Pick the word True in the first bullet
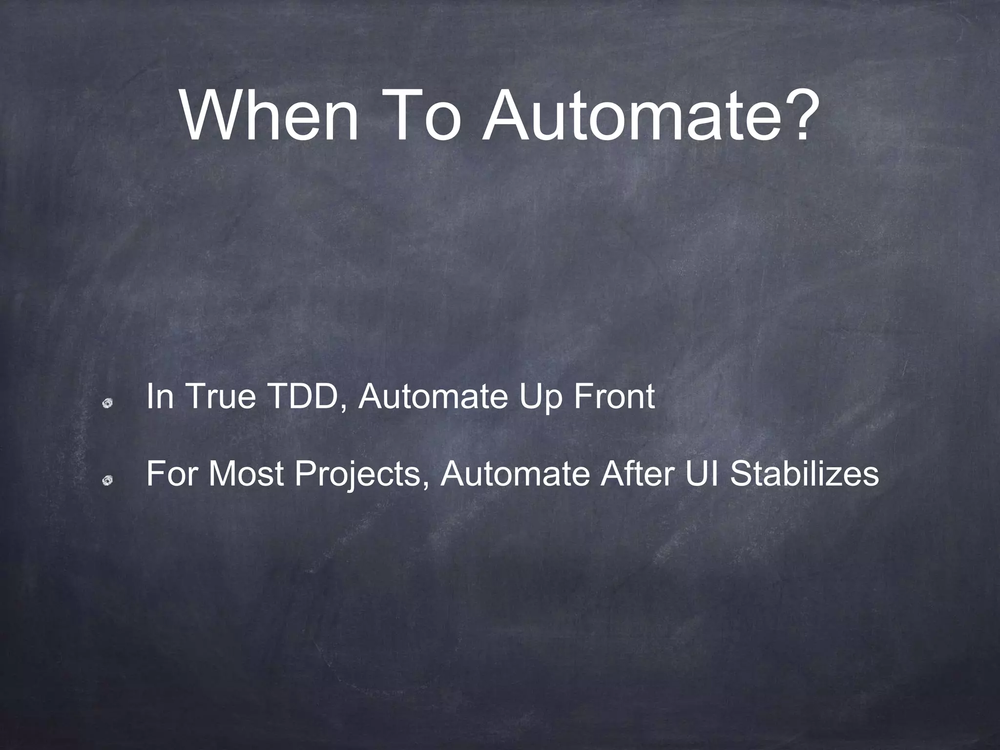[x=221, y=396]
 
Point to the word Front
[x=613, y=396]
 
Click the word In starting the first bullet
[x=160, y=396]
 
